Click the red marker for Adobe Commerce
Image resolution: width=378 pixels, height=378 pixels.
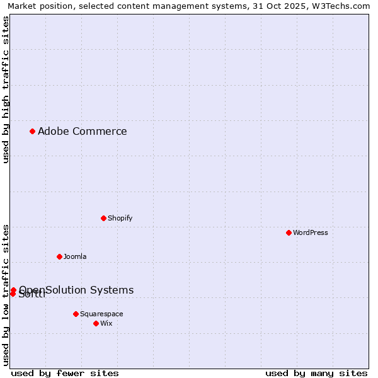[x=32, y=131]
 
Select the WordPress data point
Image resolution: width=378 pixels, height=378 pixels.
[x=289, y=232]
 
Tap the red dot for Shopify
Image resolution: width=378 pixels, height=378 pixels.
[x=103, y=218]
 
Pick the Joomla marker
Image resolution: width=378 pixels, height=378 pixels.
[x=59, y=256]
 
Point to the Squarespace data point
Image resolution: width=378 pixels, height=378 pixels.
[x=76, y=314]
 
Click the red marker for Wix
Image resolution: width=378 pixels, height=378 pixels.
[x=96, y=323]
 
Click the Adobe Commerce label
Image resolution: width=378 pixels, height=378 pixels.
[x=82, y=131]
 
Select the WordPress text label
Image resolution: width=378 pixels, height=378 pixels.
[x=310, y=232]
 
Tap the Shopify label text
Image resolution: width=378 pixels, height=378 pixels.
[x=120, y=218]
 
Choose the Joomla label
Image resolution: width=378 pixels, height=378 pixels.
[x=74, y=256]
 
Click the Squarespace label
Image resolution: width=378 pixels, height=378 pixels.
[x=101, y=314]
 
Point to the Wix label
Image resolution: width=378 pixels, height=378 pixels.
[x=106, y=323]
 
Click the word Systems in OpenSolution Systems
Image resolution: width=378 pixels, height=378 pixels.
[x=112, y=290]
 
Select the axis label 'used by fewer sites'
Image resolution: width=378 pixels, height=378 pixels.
[x=65, y=373]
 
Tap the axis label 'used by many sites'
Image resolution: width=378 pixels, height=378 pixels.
[x=316, y=373]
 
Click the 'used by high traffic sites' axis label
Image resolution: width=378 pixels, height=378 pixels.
[x=6, y=90]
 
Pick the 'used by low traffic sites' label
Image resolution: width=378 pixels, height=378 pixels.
[x=6, y=295]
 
